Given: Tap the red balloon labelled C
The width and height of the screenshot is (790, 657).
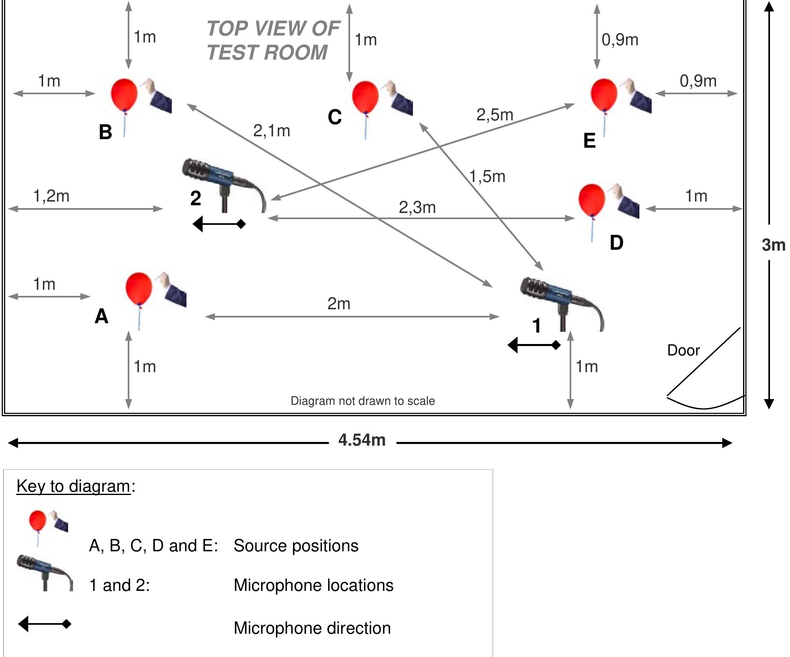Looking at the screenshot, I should click(365, 97).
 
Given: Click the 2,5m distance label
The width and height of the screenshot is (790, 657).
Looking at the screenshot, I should click(495, 115).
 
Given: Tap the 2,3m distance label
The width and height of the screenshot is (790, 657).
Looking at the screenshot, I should click(417, 207).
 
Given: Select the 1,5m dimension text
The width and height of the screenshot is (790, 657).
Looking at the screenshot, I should click(487, 176).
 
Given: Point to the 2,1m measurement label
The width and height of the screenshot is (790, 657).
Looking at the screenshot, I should click(271, 131).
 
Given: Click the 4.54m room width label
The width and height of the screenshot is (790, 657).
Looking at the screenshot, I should click(362, 440).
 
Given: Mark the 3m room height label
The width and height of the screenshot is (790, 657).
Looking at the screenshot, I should click(773, 244).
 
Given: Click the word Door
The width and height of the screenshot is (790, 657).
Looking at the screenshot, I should click(683, 350).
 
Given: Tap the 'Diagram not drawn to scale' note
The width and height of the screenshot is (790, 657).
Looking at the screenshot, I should click(362, 401).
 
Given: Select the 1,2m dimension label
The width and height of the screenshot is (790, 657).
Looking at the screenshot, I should click(51, 196).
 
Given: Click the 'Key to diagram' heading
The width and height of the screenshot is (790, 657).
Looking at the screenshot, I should click(73, 486).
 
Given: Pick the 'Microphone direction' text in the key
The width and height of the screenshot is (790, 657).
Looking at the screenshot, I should click(312, 628).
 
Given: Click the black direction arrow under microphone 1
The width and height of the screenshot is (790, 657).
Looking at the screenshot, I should click(534, 345).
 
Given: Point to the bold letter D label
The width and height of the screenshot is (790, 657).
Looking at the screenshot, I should click(616, 243).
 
